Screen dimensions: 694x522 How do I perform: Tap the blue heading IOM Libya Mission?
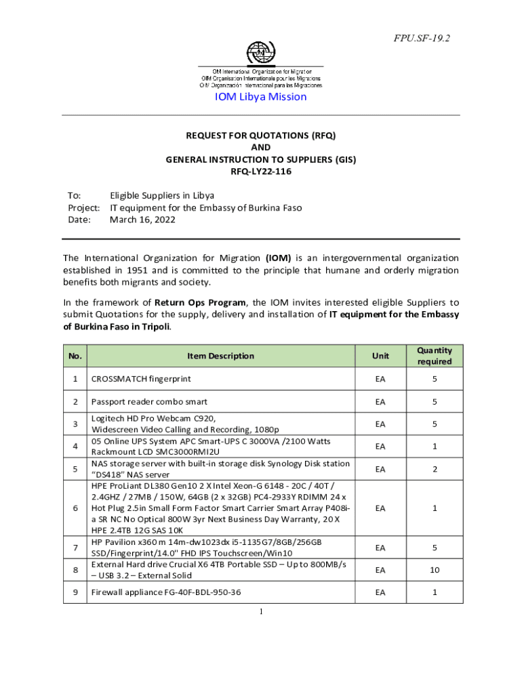[x=260, y=97]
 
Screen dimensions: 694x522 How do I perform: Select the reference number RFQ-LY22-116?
[x=261, y=171]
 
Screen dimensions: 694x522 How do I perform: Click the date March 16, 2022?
[x=142, y=220]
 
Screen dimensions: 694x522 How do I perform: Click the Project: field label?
[x=84, y=207]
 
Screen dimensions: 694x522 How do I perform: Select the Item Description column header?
[x=221, y=356]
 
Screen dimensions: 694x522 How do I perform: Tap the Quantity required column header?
[x=434, y=356]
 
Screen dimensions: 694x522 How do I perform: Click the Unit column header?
[x=380, y=356]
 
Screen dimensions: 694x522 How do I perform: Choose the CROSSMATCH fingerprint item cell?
[x=142, y=379]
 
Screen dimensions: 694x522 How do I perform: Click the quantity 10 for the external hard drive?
[x=434, y=570]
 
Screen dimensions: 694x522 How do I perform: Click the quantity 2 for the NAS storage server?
[x=434, y=469]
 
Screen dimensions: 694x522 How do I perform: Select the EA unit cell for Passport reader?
[x=380, y=402]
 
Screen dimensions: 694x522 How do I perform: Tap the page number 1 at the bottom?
[x=260, y=611]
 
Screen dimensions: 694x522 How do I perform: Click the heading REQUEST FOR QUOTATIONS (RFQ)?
[x=261, y=135]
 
